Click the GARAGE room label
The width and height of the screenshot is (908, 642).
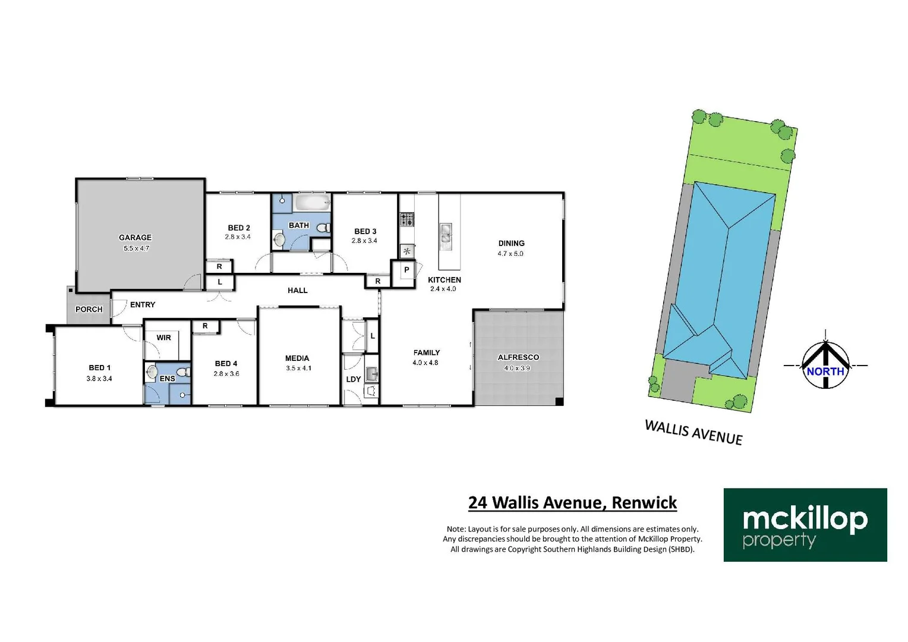point(135,237)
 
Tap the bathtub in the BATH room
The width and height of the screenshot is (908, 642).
point(311,203)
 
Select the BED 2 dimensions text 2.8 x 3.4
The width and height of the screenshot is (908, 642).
point(238,237)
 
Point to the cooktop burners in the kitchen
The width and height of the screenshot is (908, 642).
point(406,219)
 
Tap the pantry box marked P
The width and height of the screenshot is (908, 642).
point(406,270)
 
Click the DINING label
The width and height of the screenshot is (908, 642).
point(511,243)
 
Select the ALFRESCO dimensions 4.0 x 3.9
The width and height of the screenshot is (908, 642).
point(517,369)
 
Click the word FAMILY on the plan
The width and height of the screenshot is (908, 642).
point(427,353)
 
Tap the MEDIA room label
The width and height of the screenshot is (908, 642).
point(297,358)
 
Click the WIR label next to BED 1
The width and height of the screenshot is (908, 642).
point(164,338)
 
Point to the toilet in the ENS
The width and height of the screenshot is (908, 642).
point(184,372)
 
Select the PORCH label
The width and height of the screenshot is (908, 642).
point(89,309)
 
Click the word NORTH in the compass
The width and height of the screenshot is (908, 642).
point(825,371)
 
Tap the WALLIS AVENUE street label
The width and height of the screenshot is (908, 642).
point(693,432)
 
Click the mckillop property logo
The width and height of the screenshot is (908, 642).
point(805,525)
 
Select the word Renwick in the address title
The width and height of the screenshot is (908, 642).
point(644,503)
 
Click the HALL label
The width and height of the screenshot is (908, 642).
point(298,291)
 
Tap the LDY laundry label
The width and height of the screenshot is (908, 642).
point(354,379)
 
